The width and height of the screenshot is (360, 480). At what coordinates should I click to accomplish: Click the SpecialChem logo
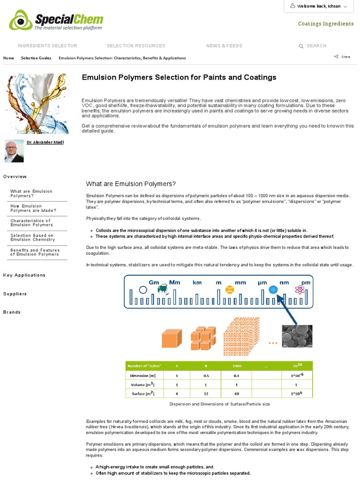click(56, 21)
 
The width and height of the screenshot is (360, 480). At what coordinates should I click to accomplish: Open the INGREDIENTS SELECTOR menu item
click(47, 46)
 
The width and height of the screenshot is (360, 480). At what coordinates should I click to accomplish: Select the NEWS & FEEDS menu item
click(224, 46)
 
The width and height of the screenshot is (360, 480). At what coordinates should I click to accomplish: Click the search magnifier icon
click(301, 46)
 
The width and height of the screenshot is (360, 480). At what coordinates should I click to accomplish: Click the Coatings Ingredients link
click(326, 24)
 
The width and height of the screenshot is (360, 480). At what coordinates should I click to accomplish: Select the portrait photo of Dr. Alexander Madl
click(14, 151)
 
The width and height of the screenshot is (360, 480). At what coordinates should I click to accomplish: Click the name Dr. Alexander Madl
click(45, 142)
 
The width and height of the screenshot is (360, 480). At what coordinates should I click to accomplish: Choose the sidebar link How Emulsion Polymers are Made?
click(33, 209)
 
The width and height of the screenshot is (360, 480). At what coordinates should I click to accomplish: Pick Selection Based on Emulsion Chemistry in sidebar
click(32, 238)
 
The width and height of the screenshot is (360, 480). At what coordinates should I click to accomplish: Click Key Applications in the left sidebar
click(24, 275)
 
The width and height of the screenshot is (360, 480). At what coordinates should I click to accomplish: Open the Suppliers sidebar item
click(15, 294)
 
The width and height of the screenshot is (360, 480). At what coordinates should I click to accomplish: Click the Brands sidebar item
click(12, 312)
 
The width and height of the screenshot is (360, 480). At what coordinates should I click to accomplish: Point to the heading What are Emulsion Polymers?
click(131, 184)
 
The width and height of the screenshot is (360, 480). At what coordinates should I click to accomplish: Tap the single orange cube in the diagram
click(171, 339)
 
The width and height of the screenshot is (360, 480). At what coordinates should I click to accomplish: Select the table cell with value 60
click(237, 394)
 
